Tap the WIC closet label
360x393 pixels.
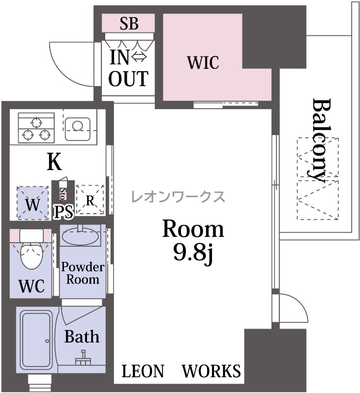tap(203, 62)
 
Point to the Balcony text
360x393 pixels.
tap(319, 141)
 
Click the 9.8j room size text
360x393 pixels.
tap(193, 253)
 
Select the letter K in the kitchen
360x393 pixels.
tap(55, 162)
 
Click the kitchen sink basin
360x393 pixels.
tap(77, 129)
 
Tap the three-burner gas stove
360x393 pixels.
tap(36, 128)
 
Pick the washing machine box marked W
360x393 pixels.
tap(32, 203)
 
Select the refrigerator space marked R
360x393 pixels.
tap(90, 200)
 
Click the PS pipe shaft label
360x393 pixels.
tap(64, 212)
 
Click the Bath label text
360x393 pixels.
tap(82, 337)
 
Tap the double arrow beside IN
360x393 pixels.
tap(139, 57)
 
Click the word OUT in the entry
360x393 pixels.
tap(128, 79)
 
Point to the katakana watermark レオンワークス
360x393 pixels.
tap(178, 196)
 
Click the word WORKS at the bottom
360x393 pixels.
tap(211, 371)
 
